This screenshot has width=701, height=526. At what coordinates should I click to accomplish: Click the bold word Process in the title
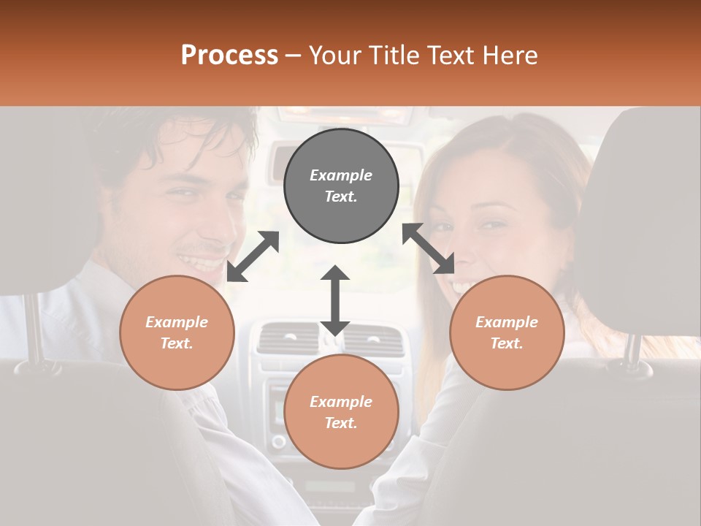[229, 56]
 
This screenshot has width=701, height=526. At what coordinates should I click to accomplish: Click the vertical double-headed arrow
[335, 300]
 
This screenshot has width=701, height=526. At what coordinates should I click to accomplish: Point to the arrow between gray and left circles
[253, 256]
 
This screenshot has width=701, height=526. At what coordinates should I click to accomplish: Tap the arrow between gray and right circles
[429, 248]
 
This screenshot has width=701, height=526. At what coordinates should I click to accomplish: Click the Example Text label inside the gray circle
[341, 186]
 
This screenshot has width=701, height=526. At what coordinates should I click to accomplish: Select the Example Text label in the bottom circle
[341, 412]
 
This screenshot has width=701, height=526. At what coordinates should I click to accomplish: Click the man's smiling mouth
[201, 259]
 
